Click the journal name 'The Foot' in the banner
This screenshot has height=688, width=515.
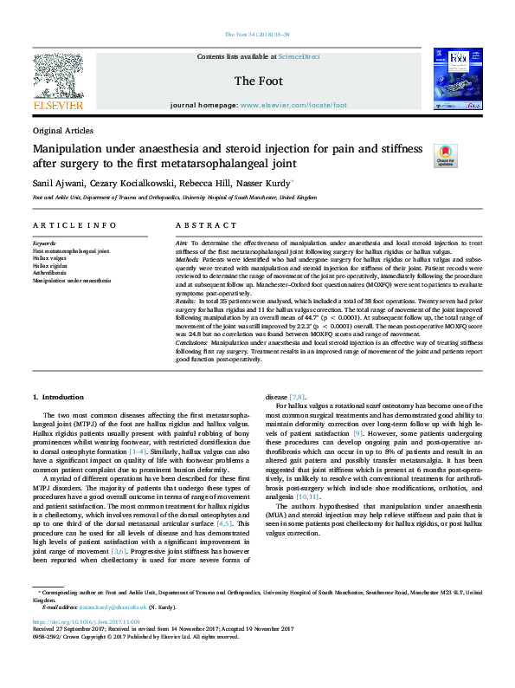pos(259,81)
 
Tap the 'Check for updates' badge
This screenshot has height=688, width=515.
pos(445,155)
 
